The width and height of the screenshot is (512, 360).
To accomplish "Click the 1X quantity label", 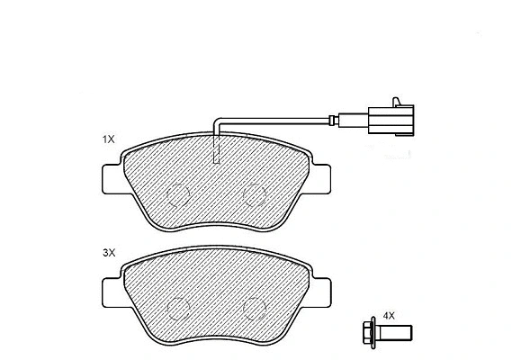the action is (x=109, y=139).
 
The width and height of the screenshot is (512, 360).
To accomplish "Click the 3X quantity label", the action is (x=109, y=253).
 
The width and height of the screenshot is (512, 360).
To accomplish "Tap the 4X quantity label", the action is (x=389, y=316).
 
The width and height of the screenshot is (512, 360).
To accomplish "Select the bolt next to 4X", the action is (x=387, y=333).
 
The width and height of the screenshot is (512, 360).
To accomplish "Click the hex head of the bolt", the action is (x=368, y=333).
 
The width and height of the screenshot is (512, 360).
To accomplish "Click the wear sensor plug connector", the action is (x=391, y=120).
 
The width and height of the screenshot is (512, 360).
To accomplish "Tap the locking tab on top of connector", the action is (x=397, y=102).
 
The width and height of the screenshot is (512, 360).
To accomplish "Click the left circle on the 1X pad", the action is (x=178, y=194).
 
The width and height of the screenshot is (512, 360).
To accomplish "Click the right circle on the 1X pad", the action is (x=255, y=194).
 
